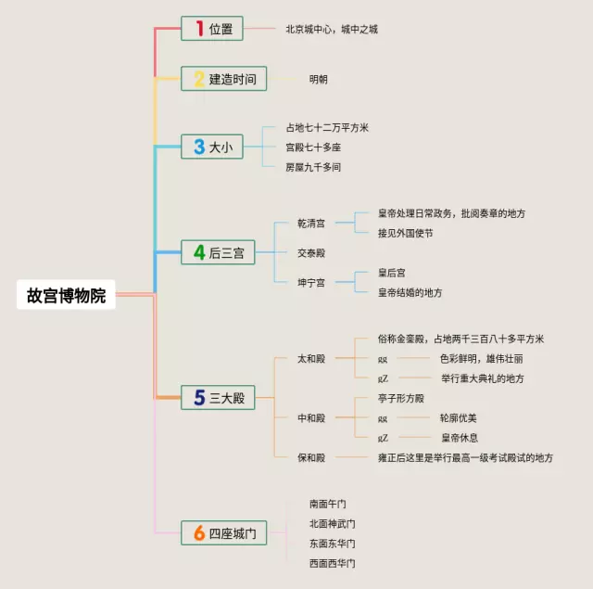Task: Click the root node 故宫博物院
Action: click(x=67, y=297)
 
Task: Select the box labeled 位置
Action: click(x=212, y=30)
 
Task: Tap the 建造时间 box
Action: click(x=223, y=79)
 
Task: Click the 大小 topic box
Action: click(x=212, y=147)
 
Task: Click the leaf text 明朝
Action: click(x=319, y=79)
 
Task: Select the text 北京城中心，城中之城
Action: click(x=332, y=30)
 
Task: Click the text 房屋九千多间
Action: click(x=313, y=167)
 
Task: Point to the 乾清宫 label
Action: click(x=311, y=224)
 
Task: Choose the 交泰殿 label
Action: click(x=311, y=252)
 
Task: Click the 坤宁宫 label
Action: click(x=311, y=282)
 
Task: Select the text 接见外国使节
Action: click(x=405, y=233)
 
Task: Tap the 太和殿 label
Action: click(x=311, y=358)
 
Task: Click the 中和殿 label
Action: click(x=311, y=418)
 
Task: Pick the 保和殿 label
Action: click(x=311, y=457)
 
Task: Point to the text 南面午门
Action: click(x=328, y=504)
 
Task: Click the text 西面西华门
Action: click(x=332, y=563)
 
